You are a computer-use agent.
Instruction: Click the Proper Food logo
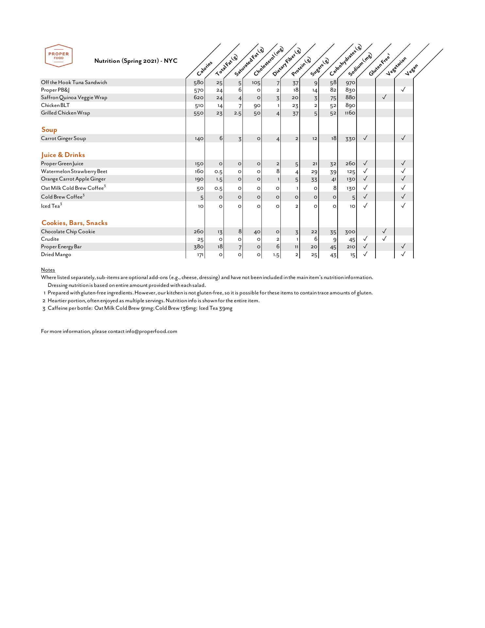(x=59, y=56)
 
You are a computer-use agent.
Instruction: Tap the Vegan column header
(x=411, y=69)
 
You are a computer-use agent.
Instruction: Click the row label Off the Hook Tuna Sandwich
(x=74, y=82)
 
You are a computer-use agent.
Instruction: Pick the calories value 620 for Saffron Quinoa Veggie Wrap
(x=199, y=97)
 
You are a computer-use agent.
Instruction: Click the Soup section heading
(x=49, y=130)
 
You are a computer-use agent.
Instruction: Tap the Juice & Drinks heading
(x=63, y=155)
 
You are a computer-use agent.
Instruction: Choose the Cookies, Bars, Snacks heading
(x=75, y=223)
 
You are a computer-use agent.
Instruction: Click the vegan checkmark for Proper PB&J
(x=403, y=89)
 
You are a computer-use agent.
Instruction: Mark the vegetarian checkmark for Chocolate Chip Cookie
(x=384, y=231)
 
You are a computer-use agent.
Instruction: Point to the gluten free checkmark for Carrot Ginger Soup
(x=365, y=138)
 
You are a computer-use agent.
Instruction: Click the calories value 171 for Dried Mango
(x=200, y=255)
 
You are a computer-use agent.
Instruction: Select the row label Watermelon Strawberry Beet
(x=74, y=171)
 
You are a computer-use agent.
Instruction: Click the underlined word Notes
(x=48, y=270)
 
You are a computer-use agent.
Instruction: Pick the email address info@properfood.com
(x=151, y=331)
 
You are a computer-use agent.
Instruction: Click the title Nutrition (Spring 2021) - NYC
(x=136, y=61)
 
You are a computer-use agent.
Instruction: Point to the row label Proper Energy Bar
(x=61, y=247)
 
